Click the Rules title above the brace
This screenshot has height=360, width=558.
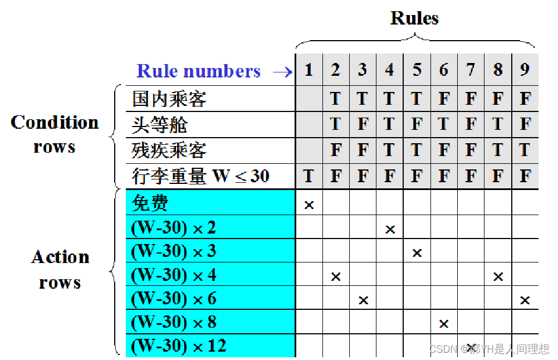[x=414, y=18]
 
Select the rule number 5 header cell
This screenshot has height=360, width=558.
[x=417, y=70]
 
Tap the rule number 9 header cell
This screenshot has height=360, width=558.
[x=525, y=70]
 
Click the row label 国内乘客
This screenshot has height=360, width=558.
[x=169, y=99]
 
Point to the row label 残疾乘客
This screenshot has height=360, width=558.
[x=169, y=150]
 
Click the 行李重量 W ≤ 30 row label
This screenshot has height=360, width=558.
[x=200, y=177]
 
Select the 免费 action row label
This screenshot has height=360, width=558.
[x=150, y=203]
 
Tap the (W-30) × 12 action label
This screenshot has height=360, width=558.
[x=179, y=346]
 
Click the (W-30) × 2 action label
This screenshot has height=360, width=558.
[x=173, y=227]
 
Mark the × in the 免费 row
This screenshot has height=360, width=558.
[x=309, y=205]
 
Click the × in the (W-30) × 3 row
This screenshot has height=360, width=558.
[x=417, y=253]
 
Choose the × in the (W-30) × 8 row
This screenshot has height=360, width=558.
[x=443, y=324]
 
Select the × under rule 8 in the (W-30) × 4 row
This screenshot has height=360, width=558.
[x=498, y=276]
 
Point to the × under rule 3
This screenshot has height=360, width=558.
[x=363, y=300]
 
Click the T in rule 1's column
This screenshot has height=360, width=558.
[x=309, y=177]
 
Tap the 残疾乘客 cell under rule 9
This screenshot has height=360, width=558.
[x=525, y=150]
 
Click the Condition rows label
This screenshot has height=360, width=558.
[x=54, y=134]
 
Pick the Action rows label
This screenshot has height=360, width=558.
[x=60, y=269]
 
